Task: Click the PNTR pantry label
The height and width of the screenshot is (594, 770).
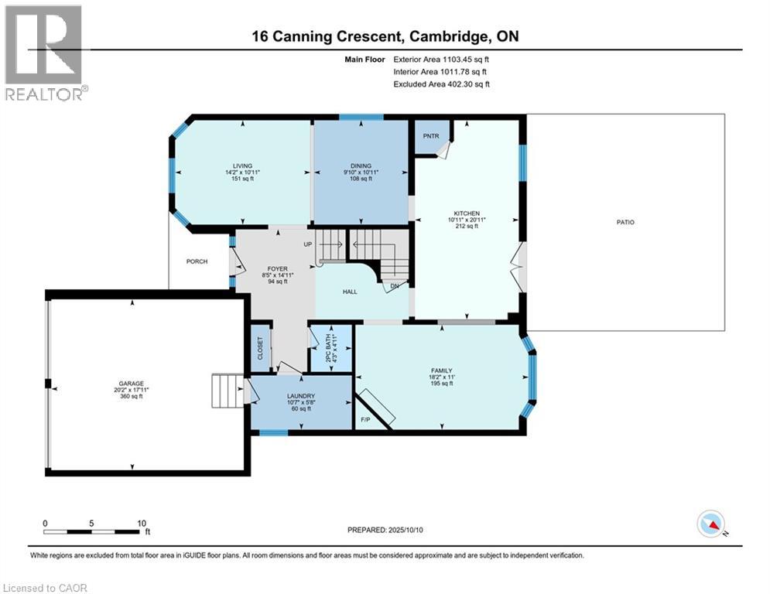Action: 431,136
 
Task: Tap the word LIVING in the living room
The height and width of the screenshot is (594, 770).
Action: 242,166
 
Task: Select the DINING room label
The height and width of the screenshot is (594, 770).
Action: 361,166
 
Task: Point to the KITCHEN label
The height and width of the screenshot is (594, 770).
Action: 467,213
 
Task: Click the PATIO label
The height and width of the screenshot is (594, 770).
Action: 625,223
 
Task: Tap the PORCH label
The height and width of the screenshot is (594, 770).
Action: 197,261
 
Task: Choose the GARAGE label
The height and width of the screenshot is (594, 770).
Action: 131,384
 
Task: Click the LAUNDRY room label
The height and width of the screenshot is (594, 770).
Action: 301,396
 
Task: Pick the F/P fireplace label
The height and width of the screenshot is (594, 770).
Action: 365,420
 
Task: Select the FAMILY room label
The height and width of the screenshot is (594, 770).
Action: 441,370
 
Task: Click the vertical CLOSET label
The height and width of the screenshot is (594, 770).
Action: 260,347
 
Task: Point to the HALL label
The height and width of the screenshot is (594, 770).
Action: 350,292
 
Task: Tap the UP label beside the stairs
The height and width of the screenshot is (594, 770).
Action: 308,244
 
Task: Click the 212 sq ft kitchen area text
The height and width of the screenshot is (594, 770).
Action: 467,227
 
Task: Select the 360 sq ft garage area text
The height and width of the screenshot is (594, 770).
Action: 131,396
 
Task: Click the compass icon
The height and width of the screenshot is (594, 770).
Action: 711,524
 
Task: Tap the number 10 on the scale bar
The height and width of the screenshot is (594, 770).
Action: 142,524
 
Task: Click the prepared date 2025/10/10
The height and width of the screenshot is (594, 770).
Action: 406,530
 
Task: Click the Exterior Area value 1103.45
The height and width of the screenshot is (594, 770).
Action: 456,60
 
